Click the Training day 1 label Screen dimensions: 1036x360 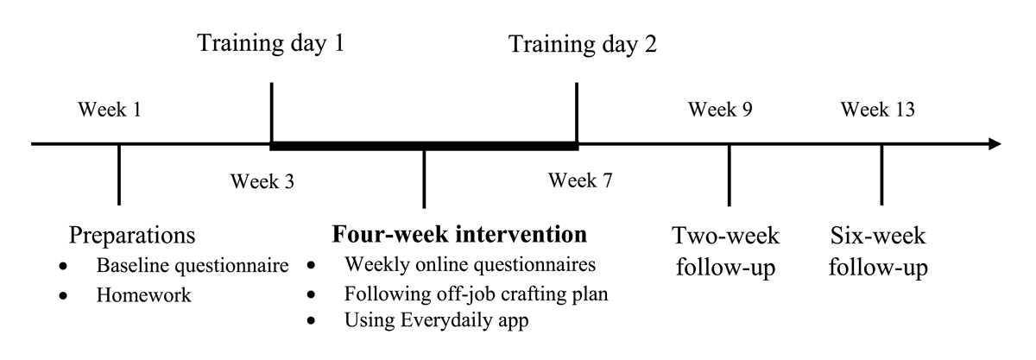coord(271,43)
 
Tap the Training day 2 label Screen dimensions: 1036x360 coord(583,44)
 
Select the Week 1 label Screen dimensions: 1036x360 coord(110,110)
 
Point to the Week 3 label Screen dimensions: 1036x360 coord(262,181)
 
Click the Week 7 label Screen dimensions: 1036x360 coord(580,180)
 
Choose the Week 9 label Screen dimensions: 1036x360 coord(720,110)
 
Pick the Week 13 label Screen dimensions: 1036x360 coord(878,110)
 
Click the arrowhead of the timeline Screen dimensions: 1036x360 coord(995,144)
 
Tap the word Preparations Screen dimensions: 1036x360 coord(132,236)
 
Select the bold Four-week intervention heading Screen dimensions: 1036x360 coord(459,234)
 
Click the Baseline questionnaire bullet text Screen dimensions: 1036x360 coord(193,266)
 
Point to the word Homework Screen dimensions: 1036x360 coord(144,295)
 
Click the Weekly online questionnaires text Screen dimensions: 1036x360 coord(470,265)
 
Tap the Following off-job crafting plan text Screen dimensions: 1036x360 coord(477,294)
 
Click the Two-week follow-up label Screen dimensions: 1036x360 coord(726,252)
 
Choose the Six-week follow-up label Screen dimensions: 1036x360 coord(878,252)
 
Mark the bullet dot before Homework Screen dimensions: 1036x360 coord(63,296)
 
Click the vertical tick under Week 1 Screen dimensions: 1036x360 coord(119,174)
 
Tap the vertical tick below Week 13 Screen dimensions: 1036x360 coord(881,174)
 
